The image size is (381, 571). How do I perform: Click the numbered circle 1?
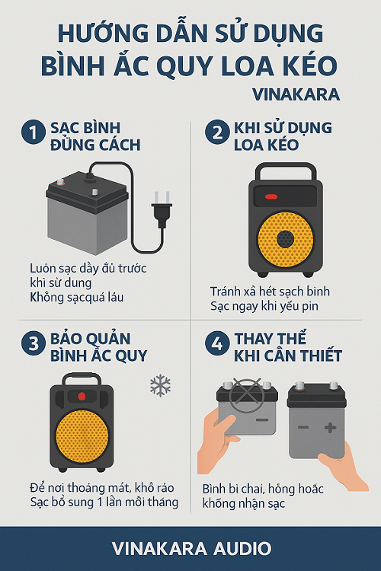34,132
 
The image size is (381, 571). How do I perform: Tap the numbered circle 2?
217,132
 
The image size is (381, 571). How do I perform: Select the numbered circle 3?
34,343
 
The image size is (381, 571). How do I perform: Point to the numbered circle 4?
217,343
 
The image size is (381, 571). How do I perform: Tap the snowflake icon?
161,386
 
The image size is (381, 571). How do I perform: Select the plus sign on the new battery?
330,428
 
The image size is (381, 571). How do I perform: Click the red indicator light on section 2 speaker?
271,197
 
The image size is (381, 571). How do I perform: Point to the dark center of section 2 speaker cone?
285,239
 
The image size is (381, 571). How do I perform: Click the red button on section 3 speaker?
82,396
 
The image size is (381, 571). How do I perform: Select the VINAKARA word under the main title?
296,94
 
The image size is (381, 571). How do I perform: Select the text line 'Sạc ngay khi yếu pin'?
264,306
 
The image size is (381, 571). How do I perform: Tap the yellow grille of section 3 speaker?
82,436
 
